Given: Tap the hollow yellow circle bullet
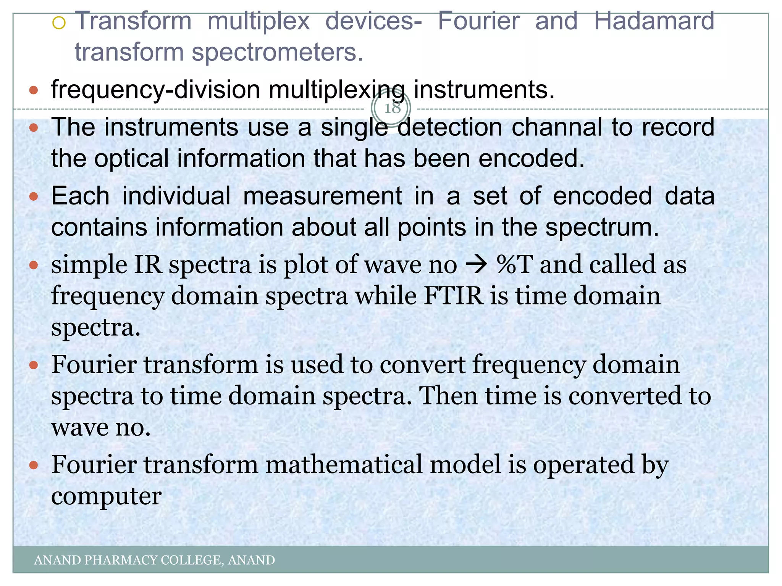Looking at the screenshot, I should pos(59,24).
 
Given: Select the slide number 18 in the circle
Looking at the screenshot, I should pos(391,108).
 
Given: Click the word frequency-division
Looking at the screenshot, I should pos(155,90).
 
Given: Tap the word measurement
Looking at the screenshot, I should pos(322,196).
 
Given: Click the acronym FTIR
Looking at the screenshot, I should pos(454,296).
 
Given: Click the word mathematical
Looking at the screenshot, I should pos(344,465).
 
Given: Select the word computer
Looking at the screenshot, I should pos(106,496).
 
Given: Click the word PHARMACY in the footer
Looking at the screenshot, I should pos(120,560).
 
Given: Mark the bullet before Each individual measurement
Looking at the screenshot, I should pos(34,196).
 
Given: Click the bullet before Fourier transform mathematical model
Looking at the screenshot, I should pos(34,465).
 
